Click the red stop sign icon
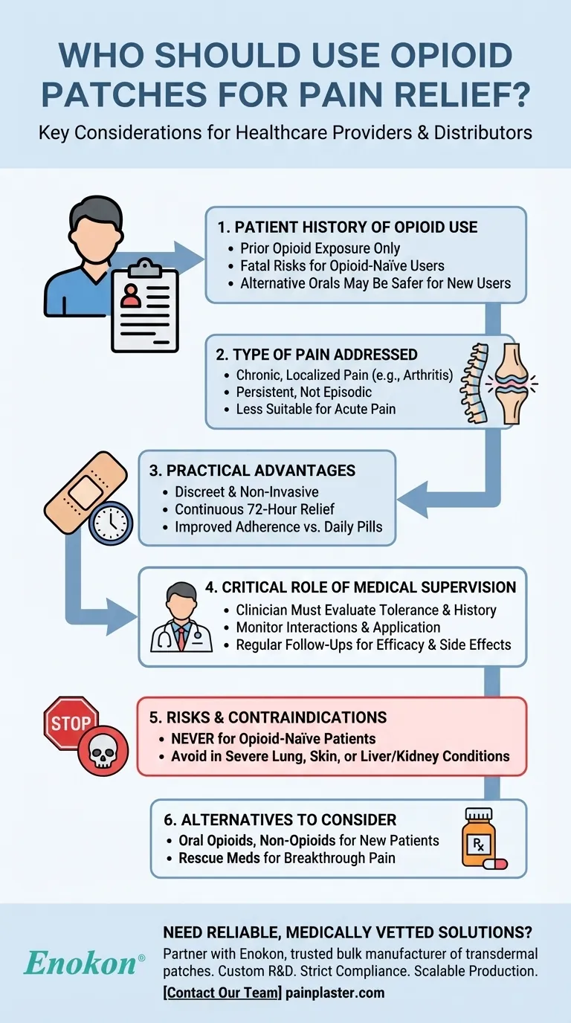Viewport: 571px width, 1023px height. (x=71, y=723)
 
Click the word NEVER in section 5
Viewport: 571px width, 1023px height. (x=199, y=739)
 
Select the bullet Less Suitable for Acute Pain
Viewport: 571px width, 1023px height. (x=316, y=408)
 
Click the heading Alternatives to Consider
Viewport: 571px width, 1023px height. (x=280, y=820)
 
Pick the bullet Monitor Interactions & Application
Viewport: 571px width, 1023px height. (x=338, y=627)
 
